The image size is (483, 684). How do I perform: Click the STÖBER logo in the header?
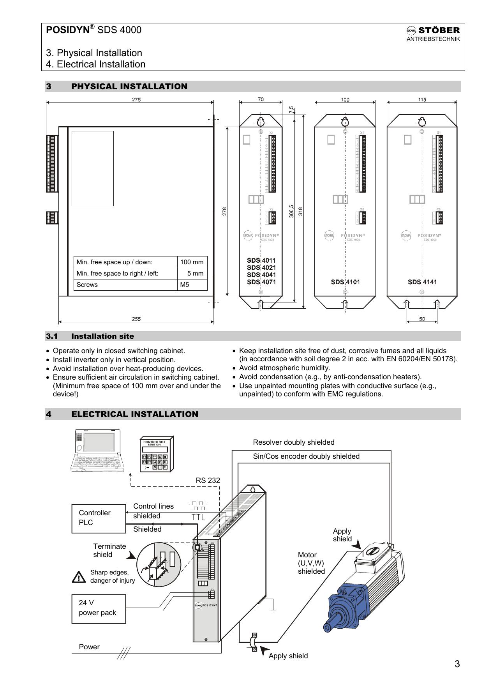433,30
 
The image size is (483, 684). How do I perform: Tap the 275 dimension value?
136,99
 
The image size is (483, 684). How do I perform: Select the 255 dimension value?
136,319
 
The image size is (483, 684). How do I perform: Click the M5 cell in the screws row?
185,285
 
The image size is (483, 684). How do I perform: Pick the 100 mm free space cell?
192,262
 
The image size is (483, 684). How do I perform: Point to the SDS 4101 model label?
345,282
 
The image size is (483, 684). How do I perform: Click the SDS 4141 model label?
422,282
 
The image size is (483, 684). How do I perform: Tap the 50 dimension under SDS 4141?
422,319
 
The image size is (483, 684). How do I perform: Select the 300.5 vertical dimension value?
291,211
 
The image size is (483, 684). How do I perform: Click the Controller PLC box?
99,518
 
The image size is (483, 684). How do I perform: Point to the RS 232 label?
208,481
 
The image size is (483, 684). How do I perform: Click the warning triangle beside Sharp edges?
79,577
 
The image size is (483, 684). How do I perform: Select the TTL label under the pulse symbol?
198,517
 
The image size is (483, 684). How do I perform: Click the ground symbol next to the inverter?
273,610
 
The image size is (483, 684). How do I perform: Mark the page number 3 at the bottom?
457,664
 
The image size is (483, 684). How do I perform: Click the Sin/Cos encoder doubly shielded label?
306,456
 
